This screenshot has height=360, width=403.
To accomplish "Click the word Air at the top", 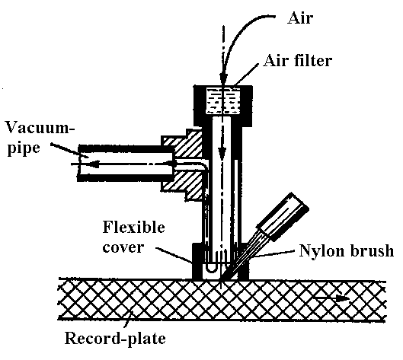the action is pyautogui.click(x=300, y=18).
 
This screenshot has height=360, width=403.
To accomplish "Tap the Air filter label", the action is pyautogui.click(x=297, y=61).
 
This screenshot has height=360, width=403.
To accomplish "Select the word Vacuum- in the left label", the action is pyautogui.click(x=40, y=127).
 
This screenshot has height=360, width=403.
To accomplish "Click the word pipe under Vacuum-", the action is pyautogui.click(x=24, y=148).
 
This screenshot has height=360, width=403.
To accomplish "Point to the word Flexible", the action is pyautogui.click(x=133, y=227).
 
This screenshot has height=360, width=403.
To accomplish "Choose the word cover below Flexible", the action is pyautogui.click(x=123, y=247).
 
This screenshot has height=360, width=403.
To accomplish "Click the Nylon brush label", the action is pyautogui.click(x=347, y=250).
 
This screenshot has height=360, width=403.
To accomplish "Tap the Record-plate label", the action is pyautogui.click(x=115, y=339).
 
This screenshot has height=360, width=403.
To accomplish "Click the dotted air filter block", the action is pyautogui.click(x=223, y=101).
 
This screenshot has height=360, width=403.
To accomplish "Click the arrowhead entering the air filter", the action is pyautogui.click(x=223, y=77).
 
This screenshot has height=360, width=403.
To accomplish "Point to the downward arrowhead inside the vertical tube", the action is pyautogui.click(x=222, y=153).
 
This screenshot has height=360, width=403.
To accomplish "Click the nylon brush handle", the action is pyautogui.click(x=283, y=217).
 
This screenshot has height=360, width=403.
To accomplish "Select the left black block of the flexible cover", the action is pyautogui.click(x=197, y=261).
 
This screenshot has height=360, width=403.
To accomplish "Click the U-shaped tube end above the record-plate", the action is pyautogui.click(x=211, y=269).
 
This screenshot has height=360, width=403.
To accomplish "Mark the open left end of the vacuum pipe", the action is pyautogui.click(x=79, y=164).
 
